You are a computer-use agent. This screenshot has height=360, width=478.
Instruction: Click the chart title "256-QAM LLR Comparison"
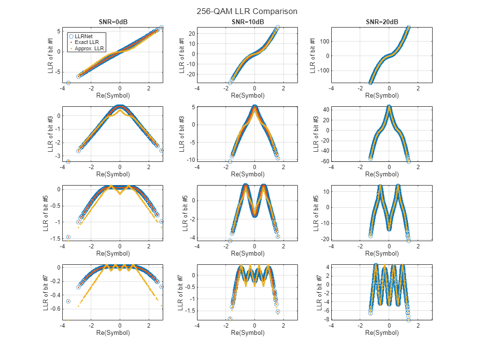247,11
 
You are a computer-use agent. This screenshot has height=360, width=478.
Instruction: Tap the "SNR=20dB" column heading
381,22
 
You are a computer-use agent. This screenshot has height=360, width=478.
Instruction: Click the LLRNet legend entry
84,36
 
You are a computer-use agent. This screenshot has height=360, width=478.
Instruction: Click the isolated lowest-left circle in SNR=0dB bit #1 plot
68,83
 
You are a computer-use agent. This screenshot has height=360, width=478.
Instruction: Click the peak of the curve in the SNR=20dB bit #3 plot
389,106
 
